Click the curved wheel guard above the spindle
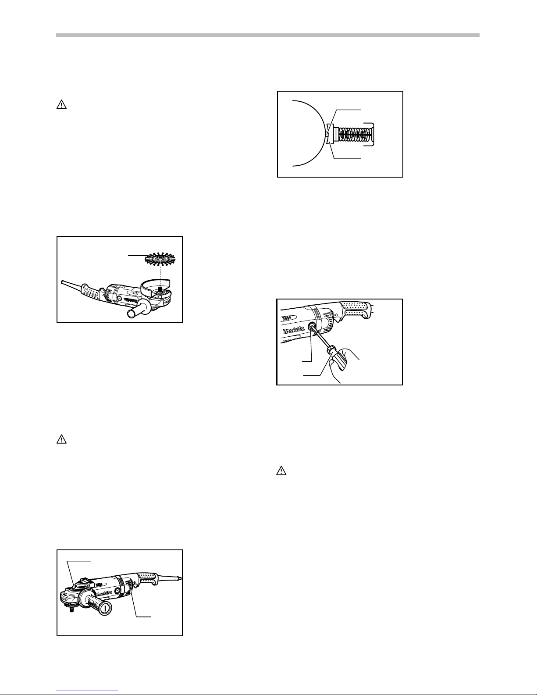(x=155, y=287)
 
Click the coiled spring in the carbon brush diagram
(x=354, y=134)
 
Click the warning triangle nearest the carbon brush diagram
(x=62, y=104)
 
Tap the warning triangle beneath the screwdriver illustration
(x=281, y=470)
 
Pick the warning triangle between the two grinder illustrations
(x=62, y=439)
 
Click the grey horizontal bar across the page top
(x=268, y=35)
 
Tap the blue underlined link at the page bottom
(x=87, y=691)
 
